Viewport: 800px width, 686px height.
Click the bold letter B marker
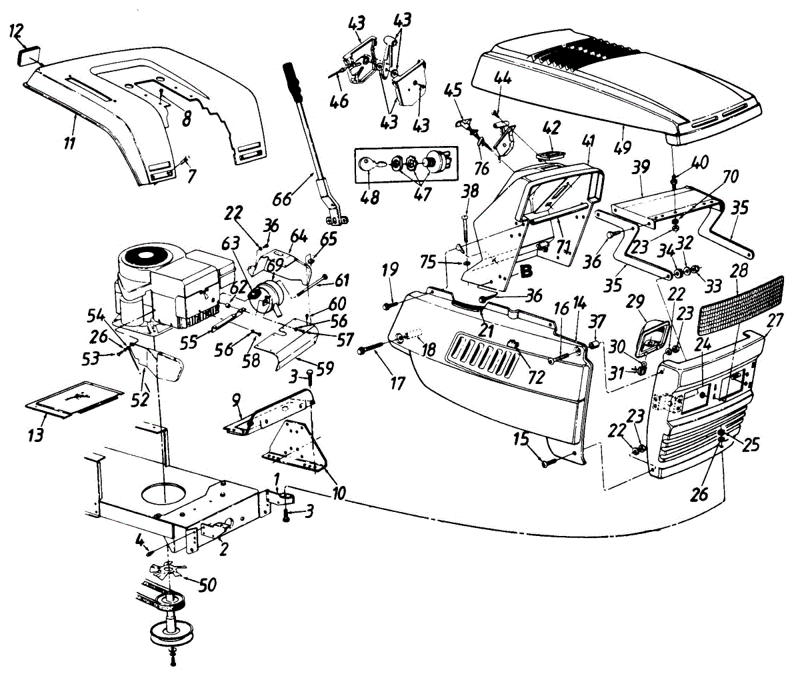click(527, 271)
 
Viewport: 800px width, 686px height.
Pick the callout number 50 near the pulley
click(208, 585)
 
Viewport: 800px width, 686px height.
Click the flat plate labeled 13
click(73, 400)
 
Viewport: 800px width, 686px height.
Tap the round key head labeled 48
click(370, 163)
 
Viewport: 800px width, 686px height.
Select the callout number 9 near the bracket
click(235, 399)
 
